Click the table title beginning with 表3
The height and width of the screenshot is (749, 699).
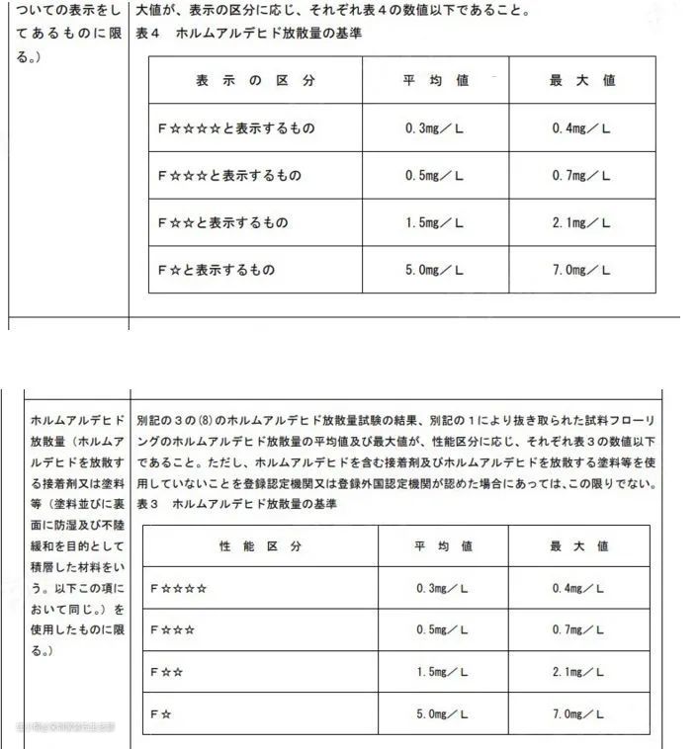click(x=253, y=504)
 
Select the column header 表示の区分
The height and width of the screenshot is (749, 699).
click(x=255, y=81)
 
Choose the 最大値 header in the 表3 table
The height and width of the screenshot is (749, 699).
click(x=580, y=545)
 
